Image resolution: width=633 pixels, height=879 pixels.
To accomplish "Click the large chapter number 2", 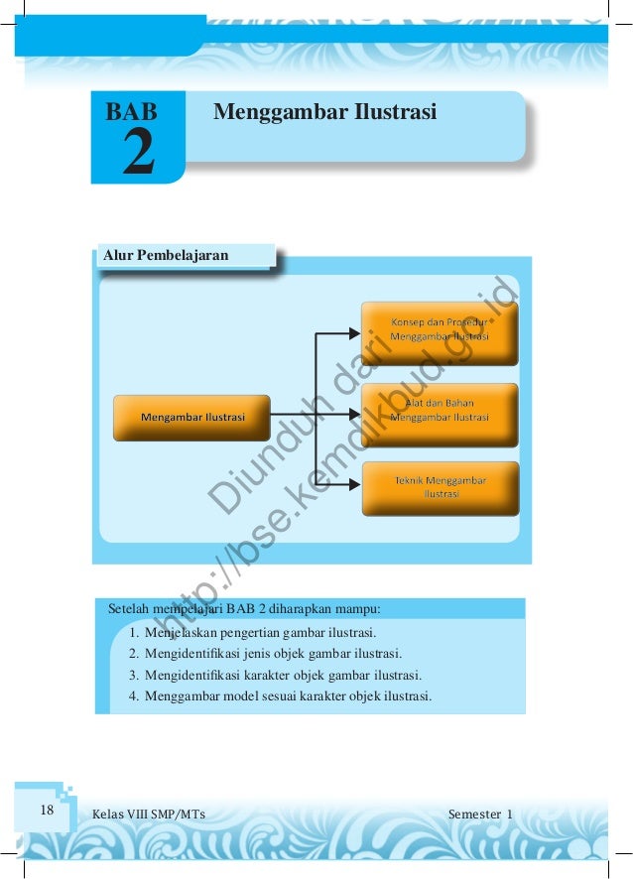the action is pos(138,153).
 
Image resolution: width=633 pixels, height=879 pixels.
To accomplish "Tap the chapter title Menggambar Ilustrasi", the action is pos(325,111).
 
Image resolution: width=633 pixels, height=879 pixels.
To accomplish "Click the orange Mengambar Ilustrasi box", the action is pos(192,418).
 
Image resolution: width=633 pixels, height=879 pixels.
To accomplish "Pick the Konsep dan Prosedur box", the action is pos(440,330).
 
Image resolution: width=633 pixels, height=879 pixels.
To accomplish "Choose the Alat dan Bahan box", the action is pos(440,411).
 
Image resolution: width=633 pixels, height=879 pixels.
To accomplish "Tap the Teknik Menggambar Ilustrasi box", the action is pos(440,487).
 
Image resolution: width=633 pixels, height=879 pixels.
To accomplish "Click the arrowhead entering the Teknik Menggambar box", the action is pos(355,486).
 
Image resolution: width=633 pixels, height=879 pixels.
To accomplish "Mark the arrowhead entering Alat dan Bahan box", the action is pos(355,410).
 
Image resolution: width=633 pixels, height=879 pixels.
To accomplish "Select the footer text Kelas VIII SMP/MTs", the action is pos(149,815).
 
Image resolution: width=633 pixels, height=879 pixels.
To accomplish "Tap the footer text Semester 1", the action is pos(480,815).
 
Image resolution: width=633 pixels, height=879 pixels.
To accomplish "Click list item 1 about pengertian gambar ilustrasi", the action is pos(260,631).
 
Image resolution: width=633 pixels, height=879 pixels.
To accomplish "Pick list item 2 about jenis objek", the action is pos(273,653).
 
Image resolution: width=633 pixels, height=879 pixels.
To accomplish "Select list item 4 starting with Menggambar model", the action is pos(288,695).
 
